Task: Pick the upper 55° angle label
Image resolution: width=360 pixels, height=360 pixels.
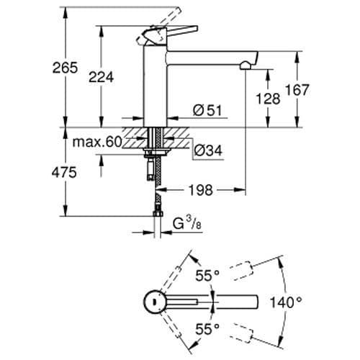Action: point(207,274)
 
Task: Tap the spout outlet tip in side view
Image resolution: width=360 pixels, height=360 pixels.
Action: point(246,66)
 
